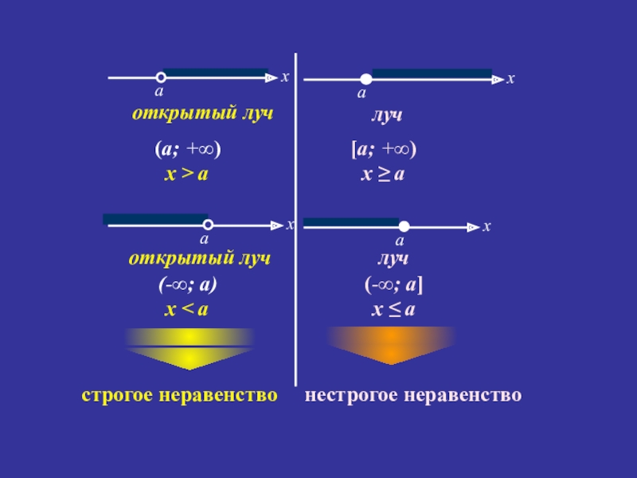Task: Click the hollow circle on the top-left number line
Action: point(161,77)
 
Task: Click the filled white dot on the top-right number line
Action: point(365,79)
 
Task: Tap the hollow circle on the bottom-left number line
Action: point(207,225)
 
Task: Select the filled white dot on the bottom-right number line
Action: point(404,226)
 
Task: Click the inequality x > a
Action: point(186,174)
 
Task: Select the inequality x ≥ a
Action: point(383,174)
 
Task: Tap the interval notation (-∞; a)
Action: point(187,284)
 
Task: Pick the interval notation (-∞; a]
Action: point(393,284)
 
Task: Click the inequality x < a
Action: point(186,309)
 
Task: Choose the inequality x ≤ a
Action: point(393,309)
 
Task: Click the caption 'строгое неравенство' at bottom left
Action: point(180,395)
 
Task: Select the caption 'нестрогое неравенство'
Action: point(413,395)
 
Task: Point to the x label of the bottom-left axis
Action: point(290,225)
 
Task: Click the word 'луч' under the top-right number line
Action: point(385,115)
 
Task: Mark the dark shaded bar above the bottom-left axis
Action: point(154,218)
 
